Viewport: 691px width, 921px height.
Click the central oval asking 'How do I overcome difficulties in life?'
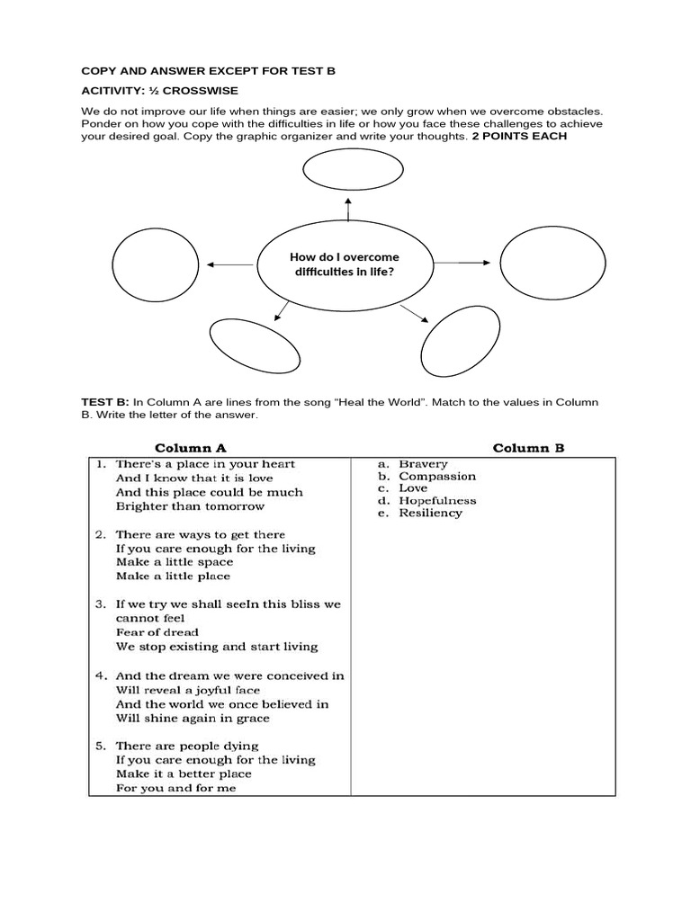pos(345,264)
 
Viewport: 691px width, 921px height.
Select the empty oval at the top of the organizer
pos(345,171)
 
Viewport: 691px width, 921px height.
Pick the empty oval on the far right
pos(541,263)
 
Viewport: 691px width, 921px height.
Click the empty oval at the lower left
pos(247,344)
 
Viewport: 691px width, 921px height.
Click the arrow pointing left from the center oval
pos(230,264)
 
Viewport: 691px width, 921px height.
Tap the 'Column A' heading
pos(191,447)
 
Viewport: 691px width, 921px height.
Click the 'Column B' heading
pos(528,447)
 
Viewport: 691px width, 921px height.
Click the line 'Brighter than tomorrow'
pos(190,506)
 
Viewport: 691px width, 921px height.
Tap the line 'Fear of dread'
pos(157,632)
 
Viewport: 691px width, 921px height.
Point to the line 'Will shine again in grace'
pos(193,719)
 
